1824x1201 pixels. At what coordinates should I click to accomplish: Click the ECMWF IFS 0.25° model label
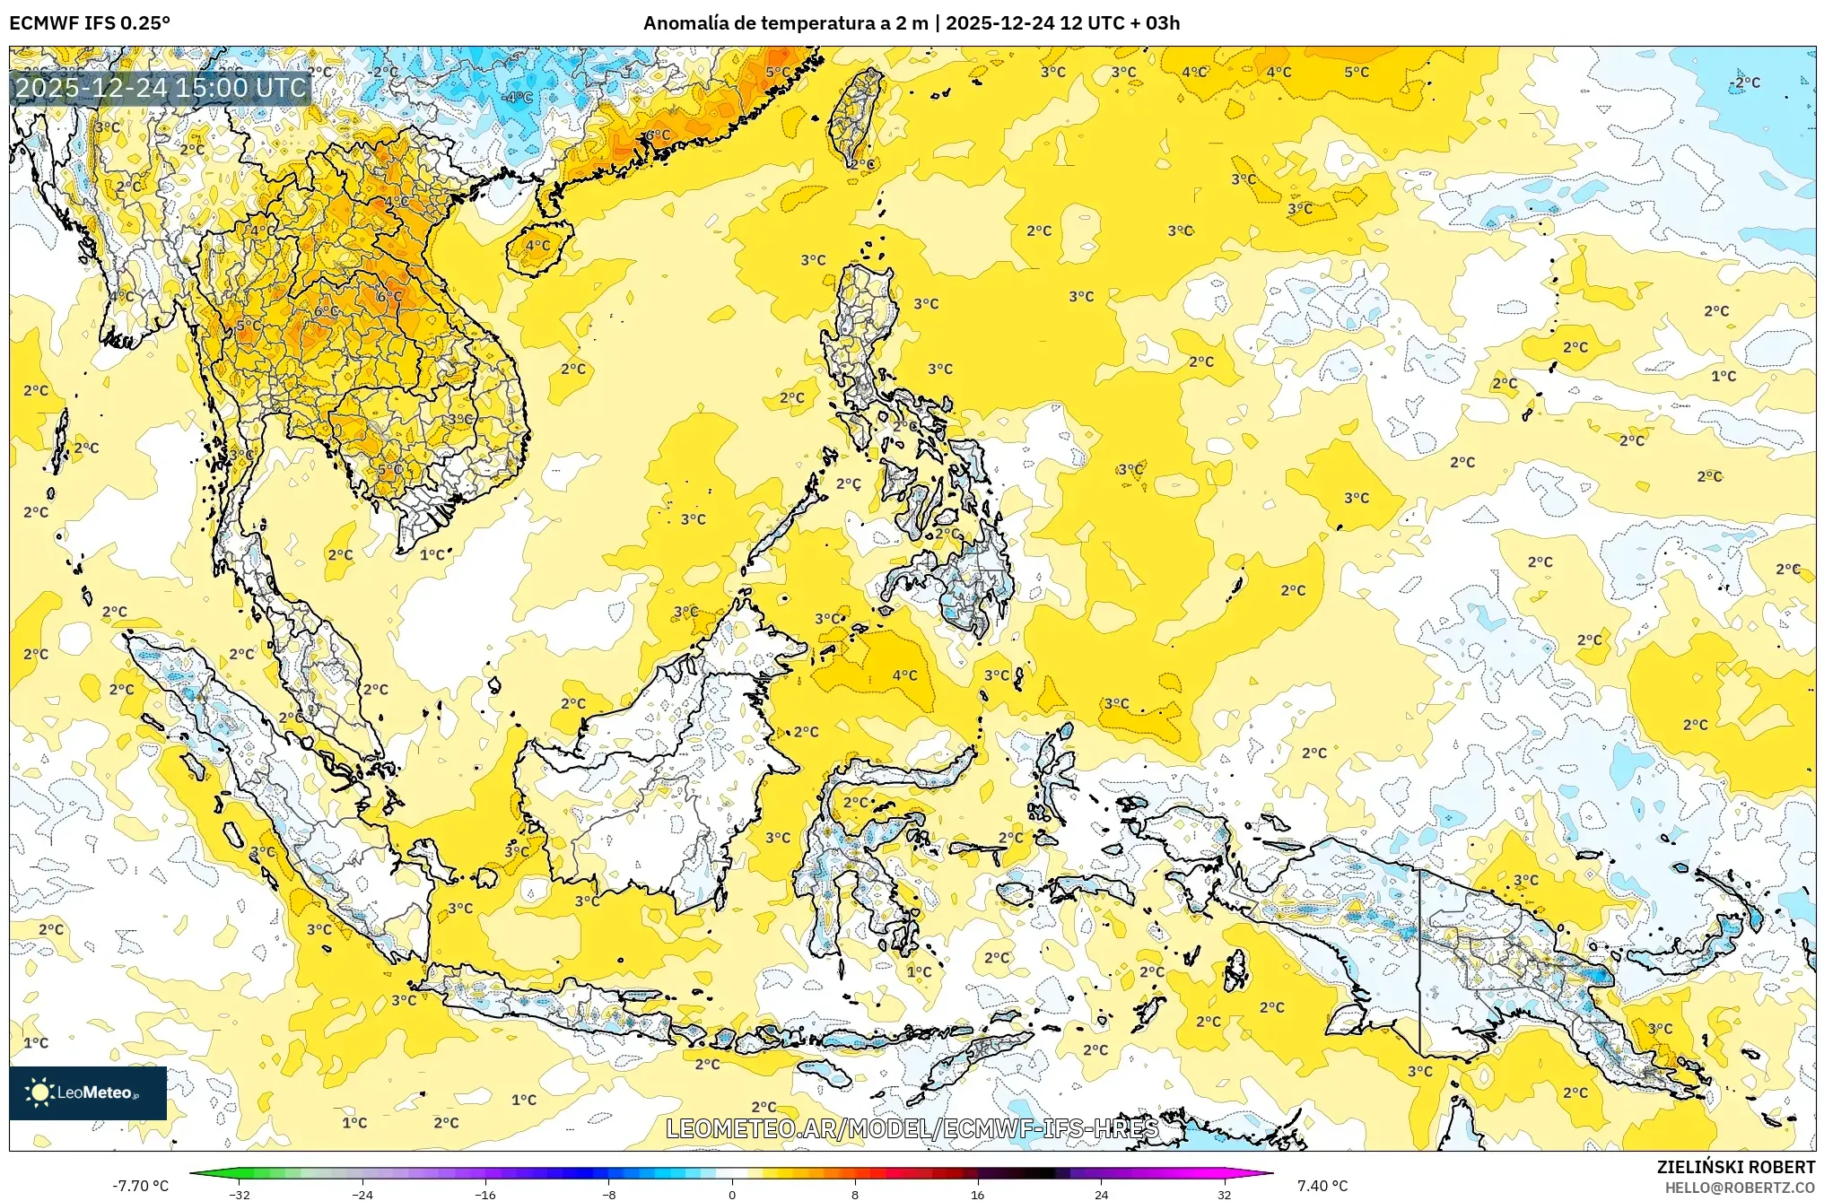tap(90, 23)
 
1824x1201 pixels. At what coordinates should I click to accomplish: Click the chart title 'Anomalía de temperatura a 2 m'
tap(785, 23)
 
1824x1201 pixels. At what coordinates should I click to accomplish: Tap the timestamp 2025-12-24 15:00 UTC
tap(161, 88)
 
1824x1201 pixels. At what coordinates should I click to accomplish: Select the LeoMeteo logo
tap(88, 1092)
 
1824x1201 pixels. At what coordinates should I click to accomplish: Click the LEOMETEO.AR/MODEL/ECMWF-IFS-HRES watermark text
tap(912, 1128)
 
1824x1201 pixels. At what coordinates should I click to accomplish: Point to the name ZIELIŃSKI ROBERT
tap(1735, 1167)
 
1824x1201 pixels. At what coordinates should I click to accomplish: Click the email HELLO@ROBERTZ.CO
tap(1740, 1188)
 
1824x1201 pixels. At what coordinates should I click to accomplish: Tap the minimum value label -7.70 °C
tap(140, 1186)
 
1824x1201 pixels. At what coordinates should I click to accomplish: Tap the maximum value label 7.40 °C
tap(1322, 1186)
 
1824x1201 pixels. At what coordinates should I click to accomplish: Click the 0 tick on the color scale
tap(732, 1194)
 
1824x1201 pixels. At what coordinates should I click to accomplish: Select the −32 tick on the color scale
tap(239, 1194)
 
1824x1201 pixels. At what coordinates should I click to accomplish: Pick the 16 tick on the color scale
tap(977, 1194)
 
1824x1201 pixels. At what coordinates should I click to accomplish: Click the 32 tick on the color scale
tap(1224, 1194)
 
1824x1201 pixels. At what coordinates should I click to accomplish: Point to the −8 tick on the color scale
tap(608, 1194)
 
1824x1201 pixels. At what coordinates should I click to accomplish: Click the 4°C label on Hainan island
tap(537, 245)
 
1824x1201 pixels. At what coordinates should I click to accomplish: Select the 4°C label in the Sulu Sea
tap(904, 675)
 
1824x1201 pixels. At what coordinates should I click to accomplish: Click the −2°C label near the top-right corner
tap(1745, 83)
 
